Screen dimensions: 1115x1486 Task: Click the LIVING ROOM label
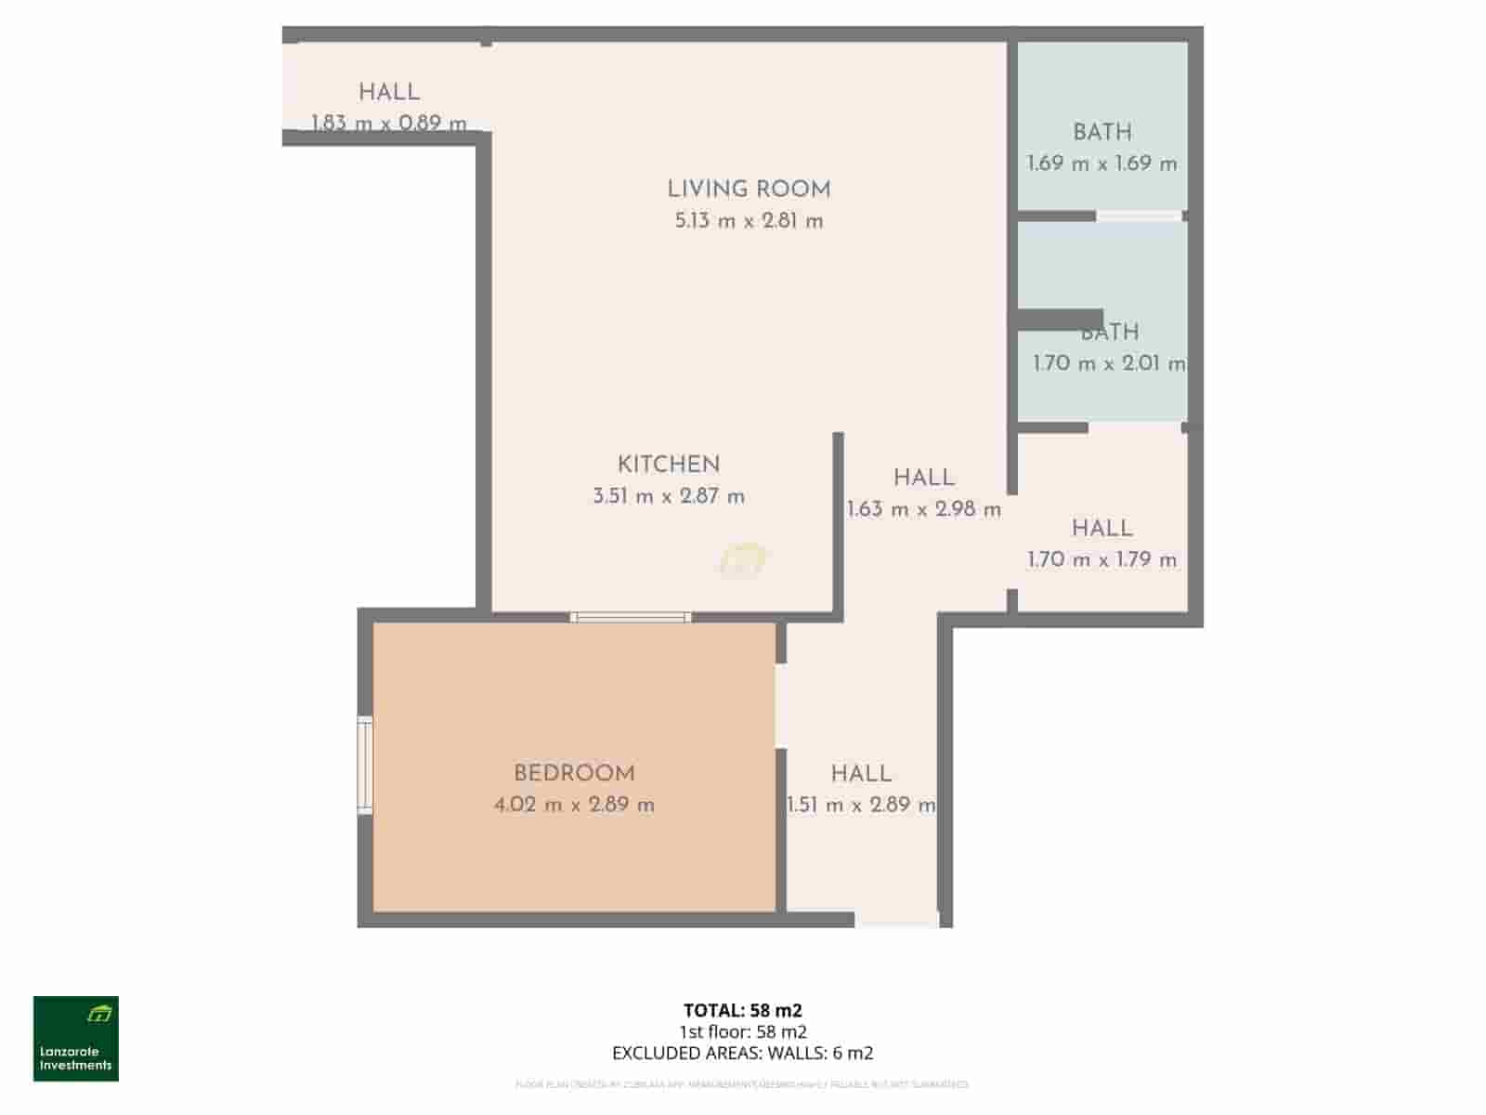click(749, 190)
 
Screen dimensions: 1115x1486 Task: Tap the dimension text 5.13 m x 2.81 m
click(749, 221)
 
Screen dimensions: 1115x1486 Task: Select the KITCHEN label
click(669, 465)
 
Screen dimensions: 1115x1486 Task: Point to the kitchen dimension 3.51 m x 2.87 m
click(669, 496)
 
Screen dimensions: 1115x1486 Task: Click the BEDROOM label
click(574, 773)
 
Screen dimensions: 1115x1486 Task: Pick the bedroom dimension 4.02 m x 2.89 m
click(574, 805)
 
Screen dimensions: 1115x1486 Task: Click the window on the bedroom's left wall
click(365, 766)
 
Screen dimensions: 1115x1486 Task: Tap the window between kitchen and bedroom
click(631, 617)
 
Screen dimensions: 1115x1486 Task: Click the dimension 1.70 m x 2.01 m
click(1109, 363)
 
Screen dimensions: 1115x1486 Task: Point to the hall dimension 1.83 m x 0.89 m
click(388, 123)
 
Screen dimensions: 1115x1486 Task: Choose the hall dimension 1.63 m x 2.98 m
click(924, 509)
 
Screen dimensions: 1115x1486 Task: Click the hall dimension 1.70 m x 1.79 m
click(1101, 559)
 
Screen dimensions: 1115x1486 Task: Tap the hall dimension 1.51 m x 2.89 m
click(861, 805)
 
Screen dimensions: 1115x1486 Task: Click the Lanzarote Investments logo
click(76, 1039)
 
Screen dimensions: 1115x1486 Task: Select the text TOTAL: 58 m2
click(743, 1010)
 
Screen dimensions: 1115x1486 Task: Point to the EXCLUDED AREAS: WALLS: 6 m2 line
click(743, 1053)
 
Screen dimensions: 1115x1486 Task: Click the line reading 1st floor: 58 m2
click(743, 1031)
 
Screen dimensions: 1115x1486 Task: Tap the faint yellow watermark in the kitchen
click(743, 560)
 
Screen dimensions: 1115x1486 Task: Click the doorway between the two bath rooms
click(1139, 216)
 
